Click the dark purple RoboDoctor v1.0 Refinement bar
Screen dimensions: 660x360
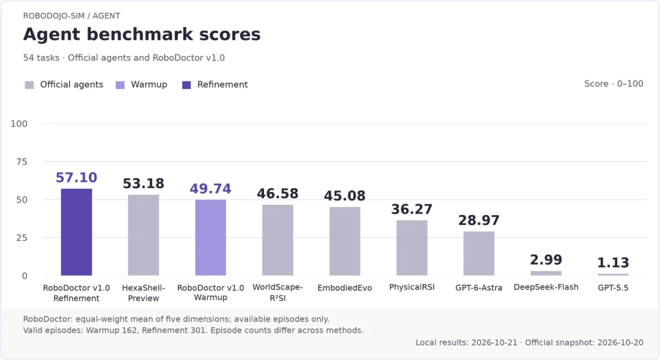(x=76, y=232)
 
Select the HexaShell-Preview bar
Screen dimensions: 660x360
(x=144, y=235)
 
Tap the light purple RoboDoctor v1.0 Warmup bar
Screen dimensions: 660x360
(x=210, y=238)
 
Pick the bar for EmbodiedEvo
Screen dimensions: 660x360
(x=345, y=241)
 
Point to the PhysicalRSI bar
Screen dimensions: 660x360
(x=412, y=248)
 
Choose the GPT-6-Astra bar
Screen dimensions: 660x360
(x=479, y=254)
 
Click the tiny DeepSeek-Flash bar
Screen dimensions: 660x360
(x=546, y=273)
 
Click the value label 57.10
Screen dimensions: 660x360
(x=76, y=178)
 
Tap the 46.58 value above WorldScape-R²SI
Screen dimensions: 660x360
(x=278, y=194)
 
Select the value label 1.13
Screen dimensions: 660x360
(x=614, y=263)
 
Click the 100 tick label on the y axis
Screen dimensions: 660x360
(x=19, y=124)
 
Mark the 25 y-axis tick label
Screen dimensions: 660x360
(x=21, y=238)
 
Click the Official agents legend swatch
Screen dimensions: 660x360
(x=29, y=85)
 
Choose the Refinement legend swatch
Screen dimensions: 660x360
(x=186, y=85)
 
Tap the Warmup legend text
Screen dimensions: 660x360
(x=149, y=84)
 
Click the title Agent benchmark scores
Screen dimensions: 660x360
(x=142, y=34)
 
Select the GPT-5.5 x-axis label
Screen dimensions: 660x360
(x=614, y=288)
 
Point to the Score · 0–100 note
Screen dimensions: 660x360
(x=614, y=84)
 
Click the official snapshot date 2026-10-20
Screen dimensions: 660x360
(x=620, y=342)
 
